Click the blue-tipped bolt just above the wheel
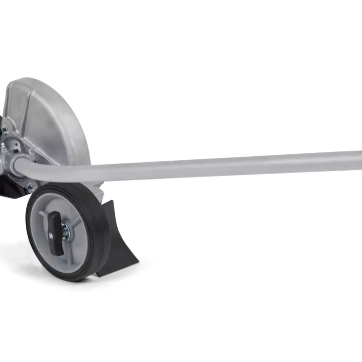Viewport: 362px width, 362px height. (30, 186)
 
